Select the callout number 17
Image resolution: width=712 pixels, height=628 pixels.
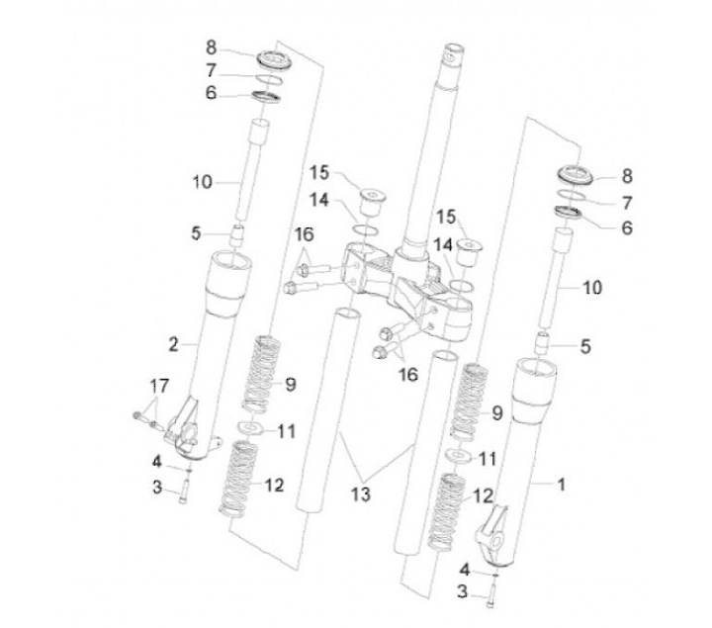coord(159,384)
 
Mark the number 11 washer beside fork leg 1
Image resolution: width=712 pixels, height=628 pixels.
coord(456,456)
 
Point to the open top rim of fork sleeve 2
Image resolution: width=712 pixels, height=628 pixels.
coord(227,262)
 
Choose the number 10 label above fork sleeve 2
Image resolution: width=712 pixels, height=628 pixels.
coord(203,182)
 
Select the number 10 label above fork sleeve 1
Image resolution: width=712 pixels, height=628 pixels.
coord(592,288)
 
